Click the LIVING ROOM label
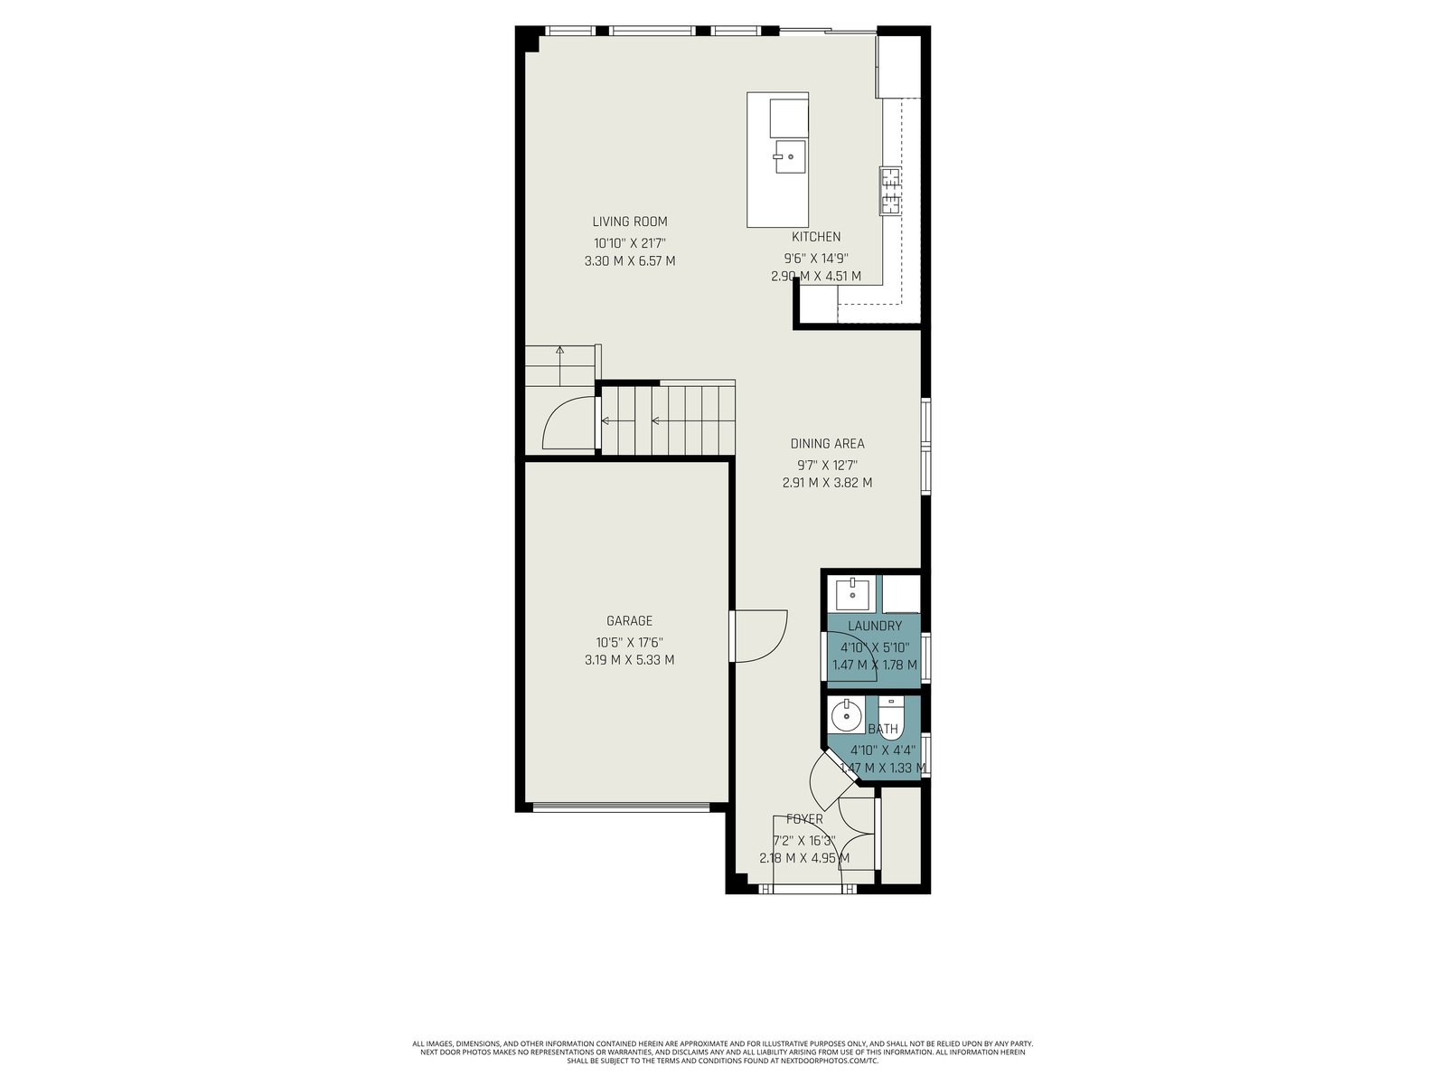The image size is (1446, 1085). (629, 222)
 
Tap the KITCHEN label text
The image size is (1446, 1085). (815, 237)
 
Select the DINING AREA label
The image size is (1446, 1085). (827, 443)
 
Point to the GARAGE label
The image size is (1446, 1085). (629, 620)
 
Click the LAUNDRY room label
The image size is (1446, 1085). (874, 626)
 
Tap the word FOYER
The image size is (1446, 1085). (804, 819)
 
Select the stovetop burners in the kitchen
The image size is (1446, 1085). (890, 191)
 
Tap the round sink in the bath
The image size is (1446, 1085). (844, 714)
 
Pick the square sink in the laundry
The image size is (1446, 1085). (853, 593)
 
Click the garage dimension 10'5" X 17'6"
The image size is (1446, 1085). (629, 642)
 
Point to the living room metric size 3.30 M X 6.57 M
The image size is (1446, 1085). (630, 261)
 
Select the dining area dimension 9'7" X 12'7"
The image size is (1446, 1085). (827, 465)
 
